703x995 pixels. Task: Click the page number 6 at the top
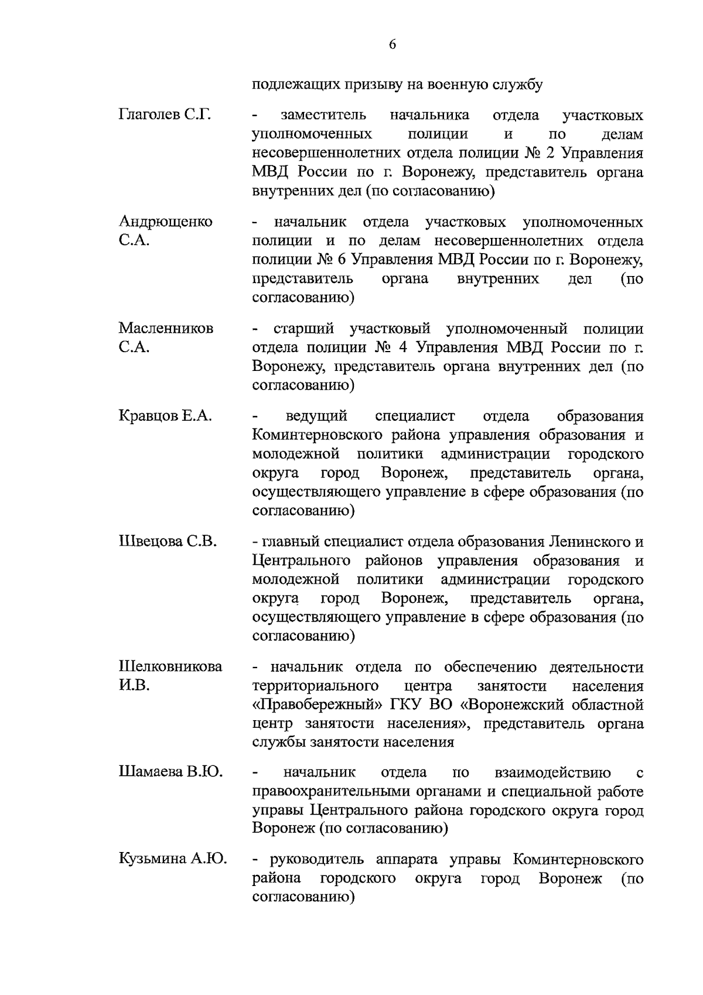pyautogui.click(x=392, y=45)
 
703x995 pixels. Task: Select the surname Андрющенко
pyautogui.click(x=165, y=222)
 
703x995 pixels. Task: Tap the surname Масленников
pyautogui.click(x=166, y=328)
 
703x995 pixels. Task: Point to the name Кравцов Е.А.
pyautogui.click(x=165, y=416)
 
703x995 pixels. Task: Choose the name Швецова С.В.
pyautogui.click(x=168, y=541)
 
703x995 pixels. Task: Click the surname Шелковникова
pyautogui.click(x=170, y=667)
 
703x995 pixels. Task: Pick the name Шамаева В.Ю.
pyautogui.click(x=170, y=773)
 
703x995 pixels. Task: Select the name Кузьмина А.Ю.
pyautogui.click(x=172, y=860)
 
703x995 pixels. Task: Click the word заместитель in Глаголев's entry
pyautogui.click(x=323, y=115)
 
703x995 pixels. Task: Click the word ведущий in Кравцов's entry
pyautogui.click(x=316, y=416)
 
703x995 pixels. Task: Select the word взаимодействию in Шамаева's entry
pyautogui.click(x=552, y=773)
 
